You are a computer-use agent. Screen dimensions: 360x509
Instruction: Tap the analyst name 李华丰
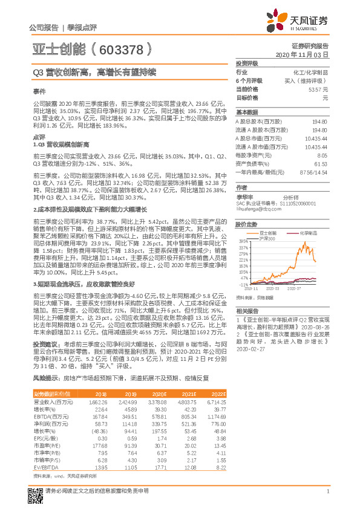click(244, 196)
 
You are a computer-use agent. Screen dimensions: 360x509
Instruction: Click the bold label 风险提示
click(45, 377)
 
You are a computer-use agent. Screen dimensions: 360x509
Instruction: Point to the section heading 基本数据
click(246, 112)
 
